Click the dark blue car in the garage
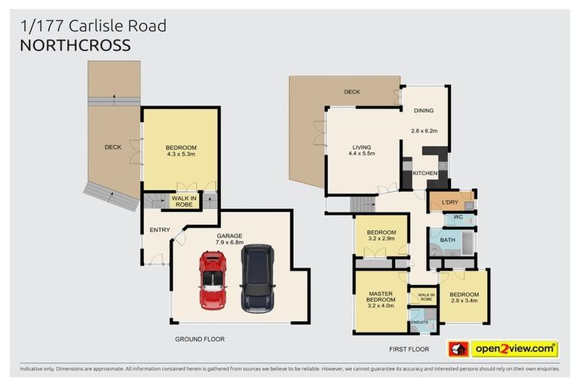pyautogui.click(x=256, y=278)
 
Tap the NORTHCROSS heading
pyautogui.click(x=76, y=44)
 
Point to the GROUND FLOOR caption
pyautogui.click(x=200, y=339)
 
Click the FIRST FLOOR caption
pyautogui.click(x=409, y=349)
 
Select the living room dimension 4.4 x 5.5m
pyautogui.click(x=362, y=154)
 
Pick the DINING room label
pyautogui.click(x=424, y=111)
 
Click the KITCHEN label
pyautogui.click(x=425, y=174)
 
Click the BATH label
pyautogui.click(x=448, y=240)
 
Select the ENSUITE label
pyautogui.click(x=419, y=323)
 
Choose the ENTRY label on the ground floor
pyautogui.click(x=160, y=230)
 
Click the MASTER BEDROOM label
pyautogui.click(x=381, y=297)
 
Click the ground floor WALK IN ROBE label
pyautogui.click(x=185, y=201)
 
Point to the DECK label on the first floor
pyautogui.click(x=351, y=92)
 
